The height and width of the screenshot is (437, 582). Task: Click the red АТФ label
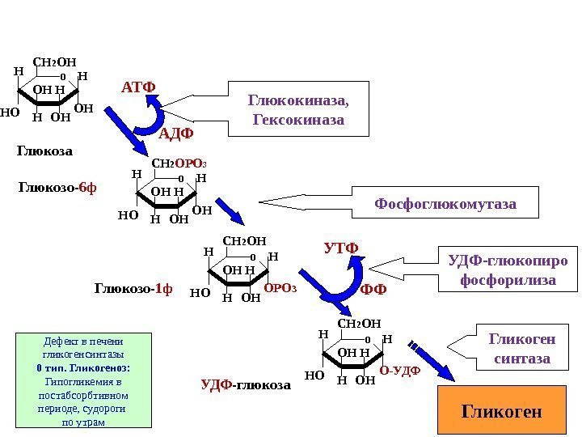point(138,87)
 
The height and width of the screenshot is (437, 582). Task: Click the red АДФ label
point(177,133)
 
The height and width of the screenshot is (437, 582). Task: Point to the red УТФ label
point(340,246)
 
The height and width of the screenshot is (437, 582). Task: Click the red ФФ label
point(373,289)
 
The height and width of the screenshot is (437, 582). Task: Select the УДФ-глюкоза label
point(245,386)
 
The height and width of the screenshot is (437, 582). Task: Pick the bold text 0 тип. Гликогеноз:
point(83,367)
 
